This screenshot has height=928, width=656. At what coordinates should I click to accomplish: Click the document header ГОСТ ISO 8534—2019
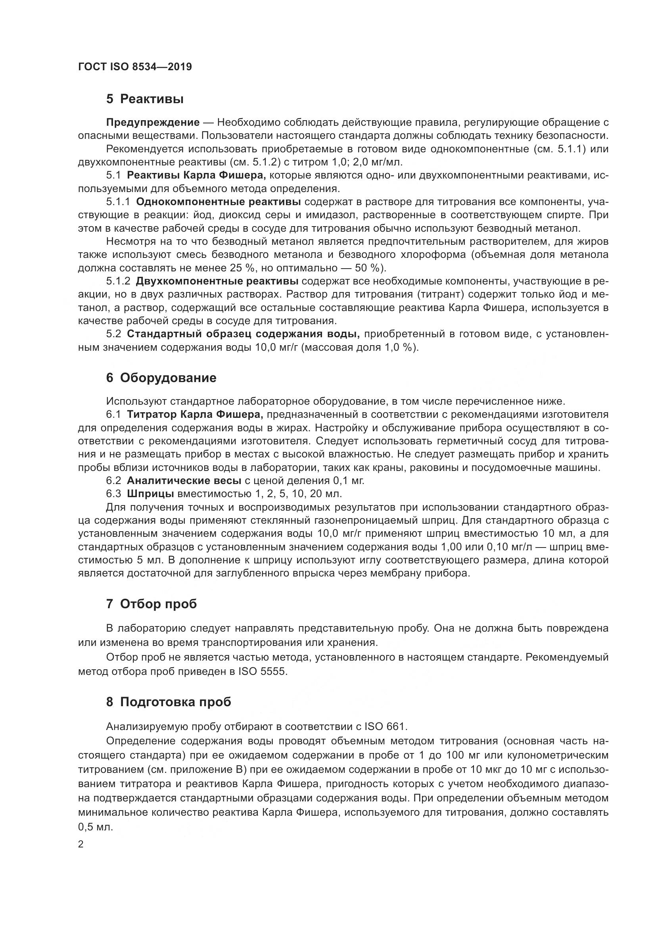click(x=135, y=67)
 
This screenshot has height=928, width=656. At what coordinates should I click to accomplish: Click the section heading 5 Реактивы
click(x=145, y=99)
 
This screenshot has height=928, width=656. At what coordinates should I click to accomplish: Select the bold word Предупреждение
click(x=153, y=122)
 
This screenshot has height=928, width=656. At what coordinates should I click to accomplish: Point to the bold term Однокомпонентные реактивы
click(x=219, y=202)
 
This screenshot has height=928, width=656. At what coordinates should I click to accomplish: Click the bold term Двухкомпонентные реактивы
click(x=217, y=281)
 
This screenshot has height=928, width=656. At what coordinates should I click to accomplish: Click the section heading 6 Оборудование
click(x=161, y=378)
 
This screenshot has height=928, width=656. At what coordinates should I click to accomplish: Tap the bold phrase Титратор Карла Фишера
click(x=195, y=414)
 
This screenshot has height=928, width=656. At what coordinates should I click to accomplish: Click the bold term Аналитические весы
click(x=184, y=480)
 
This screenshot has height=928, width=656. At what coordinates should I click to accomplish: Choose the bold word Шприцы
click(x=150, y=494)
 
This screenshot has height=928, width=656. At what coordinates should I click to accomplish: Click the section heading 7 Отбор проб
click(x=152, y=604)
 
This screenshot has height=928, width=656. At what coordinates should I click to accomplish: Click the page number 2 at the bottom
click(x=81, y=844)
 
